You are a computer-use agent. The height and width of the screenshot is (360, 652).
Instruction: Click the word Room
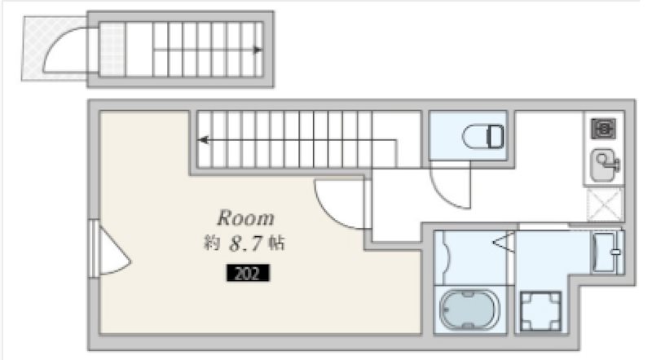[246, 217]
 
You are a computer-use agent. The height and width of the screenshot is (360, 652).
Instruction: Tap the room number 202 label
[248, 273]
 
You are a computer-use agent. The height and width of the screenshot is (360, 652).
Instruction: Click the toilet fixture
[483, 136]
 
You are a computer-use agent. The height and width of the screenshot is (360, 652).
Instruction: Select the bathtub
[469, 309]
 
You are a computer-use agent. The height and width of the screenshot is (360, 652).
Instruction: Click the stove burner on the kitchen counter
[603, 129]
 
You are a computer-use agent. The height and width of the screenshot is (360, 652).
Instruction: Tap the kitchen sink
[605, 165]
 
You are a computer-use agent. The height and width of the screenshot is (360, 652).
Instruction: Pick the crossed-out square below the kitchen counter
[605, 204]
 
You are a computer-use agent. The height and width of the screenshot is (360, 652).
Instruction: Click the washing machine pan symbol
[540, 311]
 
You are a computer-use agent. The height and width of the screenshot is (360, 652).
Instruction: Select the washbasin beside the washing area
[606, 252]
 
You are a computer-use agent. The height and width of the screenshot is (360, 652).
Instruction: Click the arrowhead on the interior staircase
[203, 140]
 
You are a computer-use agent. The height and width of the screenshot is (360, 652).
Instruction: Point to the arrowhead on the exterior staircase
[258, 50]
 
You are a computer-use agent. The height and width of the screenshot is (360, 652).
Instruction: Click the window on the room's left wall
[94, 248]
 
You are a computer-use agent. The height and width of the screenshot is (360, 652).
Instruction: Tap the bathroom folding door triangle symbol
[503, 243]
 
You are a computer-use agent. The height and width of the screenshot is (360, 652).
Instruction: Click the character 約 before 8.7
[212, 243]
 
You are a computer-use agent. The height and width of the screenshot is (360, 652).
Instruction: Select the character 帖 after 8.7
[276, 243]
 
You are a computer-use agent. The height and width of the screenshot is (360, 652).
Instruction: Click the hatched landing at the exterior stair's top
[112, 50]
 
